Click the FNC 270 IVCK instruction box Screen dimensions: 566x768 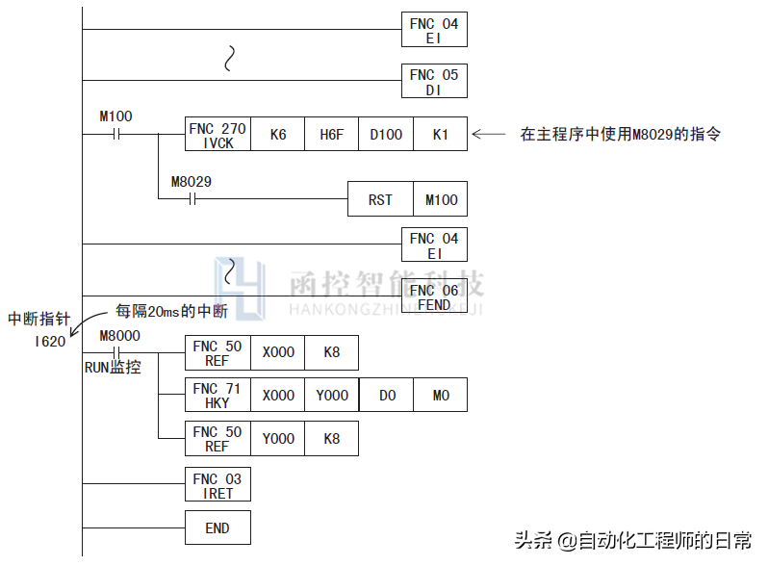coord(217,135)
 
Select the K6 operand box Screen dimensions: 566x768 coord(277,135)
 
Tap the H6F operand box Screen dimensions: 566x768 coord(331,135)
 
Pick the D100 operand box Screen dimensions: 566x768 coord(386,135)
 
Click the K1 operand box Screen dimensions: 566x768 coord(440,135)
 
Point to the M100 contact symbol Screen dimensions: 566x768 coord(116,135)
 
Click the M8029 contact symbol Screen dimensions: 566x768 coord(191,199)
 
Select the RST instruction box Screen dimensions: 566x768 coord(380,199)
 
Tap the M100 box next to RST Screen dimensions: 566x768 coord(440,199)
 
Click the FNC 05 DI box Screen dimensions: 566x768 coord(434,82)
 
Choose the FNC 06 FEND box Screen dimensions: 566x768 coord(434,297)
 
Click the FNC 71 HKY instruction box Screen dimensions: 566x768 coord(217,396)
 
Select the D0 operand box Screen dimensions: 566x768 coord(386,396)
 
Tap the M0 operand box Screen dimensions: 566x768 coord(440,396)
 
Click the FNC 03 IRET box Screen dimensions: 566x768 coord(217,485)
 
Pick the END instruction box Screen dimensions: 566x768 coord(217,528)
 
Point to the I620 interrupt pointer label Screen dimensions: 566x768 coord(49,341)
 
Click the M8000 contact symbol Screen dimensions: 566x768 coord(116,352)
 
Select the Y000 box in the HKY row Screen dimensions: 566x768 coord(331,396)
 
